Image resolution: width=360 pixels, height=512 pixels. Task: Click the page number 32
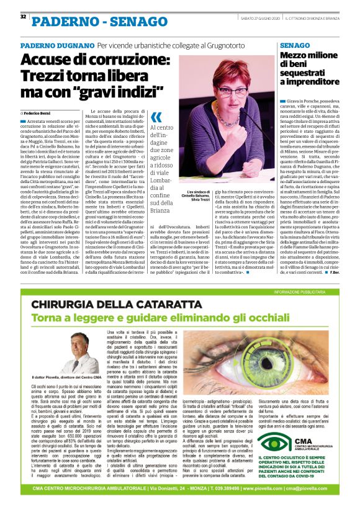click(23, 16)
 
